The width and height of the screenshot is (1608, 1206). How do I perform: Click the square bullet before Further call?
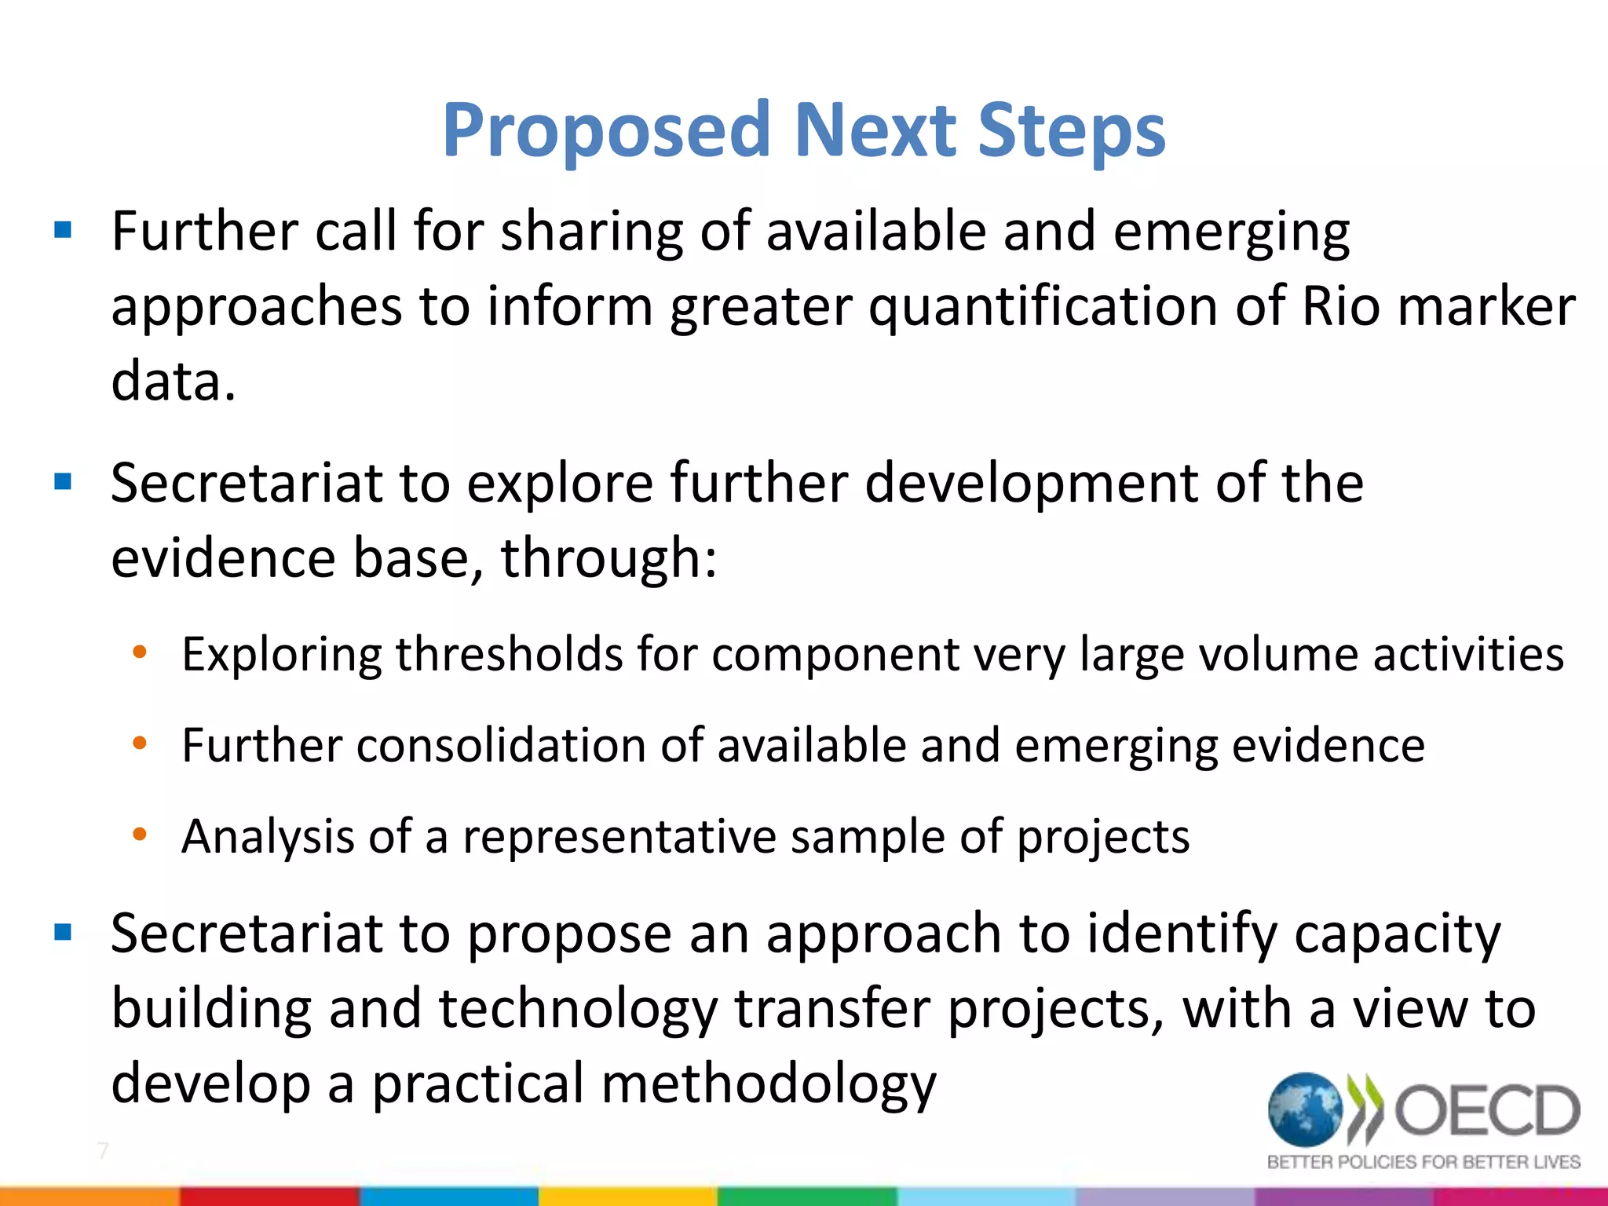(63, 231)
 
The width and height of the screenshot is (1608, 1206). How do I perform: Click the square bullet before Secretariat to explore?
(63, 481)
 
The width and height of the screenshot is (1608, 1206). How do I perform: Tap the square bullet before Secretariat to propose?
(63, 932)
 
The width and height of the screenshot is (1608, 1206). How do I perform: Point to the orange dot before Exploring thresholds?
(140, 652)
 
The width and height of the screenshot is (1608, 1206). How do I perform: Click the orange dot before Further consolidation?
(140, 743)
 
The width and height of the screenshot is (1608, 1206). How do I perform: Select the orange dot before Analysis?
(140, 834)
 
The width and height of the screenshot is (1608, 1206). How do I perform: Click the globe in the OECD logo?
(1305, 1109)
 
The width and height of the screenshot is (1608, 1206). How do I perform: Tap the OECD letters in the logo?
(1486, 1110)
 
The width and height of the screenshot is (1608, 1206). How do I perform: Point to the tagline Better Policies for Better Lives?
(1423, 1162)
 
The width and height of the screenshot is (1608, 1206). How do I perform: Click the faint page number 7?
(103, 1151)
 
